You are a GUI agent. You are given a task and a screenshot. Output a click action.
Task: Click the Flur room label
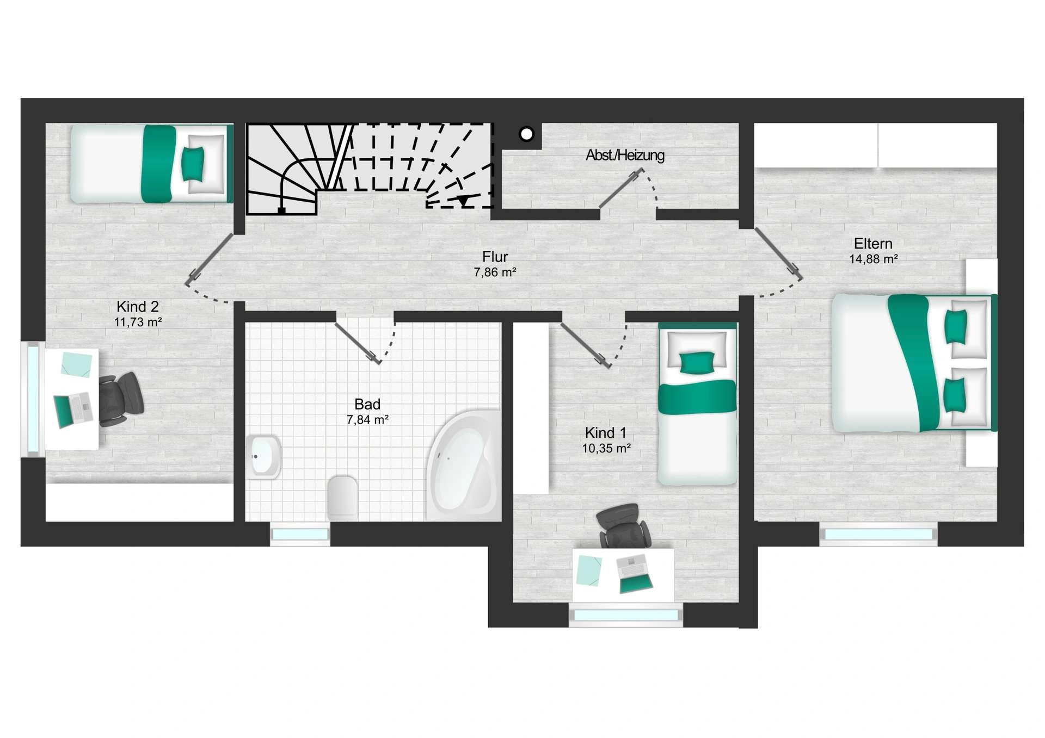(495, 256)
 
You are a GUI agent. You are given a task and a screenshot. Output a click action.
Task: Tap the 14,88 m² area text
(873, 259)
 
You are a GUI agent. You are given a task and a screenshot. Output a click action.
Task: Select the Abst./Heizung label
(625, 156)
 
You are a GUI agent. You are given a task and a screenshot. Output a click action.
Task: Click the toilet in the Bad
(342, 498)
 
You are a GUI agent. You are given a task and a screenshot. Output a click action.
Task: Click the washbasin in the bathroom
(264, 456)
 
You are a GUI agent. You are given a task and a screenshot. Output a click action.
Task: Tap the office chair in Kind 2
(121, 399)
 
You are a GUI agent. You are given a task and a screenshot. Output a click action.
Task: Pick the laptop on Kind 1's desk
(634, 573)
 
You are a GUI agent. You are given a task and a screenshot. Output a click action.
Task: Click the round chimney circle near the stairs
(526, 134)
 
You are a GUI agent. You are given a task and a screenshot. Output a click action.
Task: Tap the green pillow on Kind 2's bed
(192, 163)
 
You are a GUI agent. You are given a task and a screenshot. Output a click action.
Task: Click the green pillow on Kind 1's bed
(697, 362)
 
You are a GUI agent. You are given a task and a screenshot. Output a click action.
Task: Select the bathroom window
(300, 535)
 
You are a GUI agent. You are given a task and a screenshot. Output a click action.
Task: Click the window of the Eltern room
(878, 535)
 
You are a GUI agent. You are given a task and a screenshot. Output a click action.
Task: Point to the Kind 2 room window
(33, 399)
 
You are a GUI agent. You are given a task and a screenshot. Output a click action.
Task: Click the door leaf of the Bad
(357, 343)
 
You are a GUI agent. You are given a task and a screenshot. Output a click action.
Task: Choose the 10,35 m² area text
(606, 449)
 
